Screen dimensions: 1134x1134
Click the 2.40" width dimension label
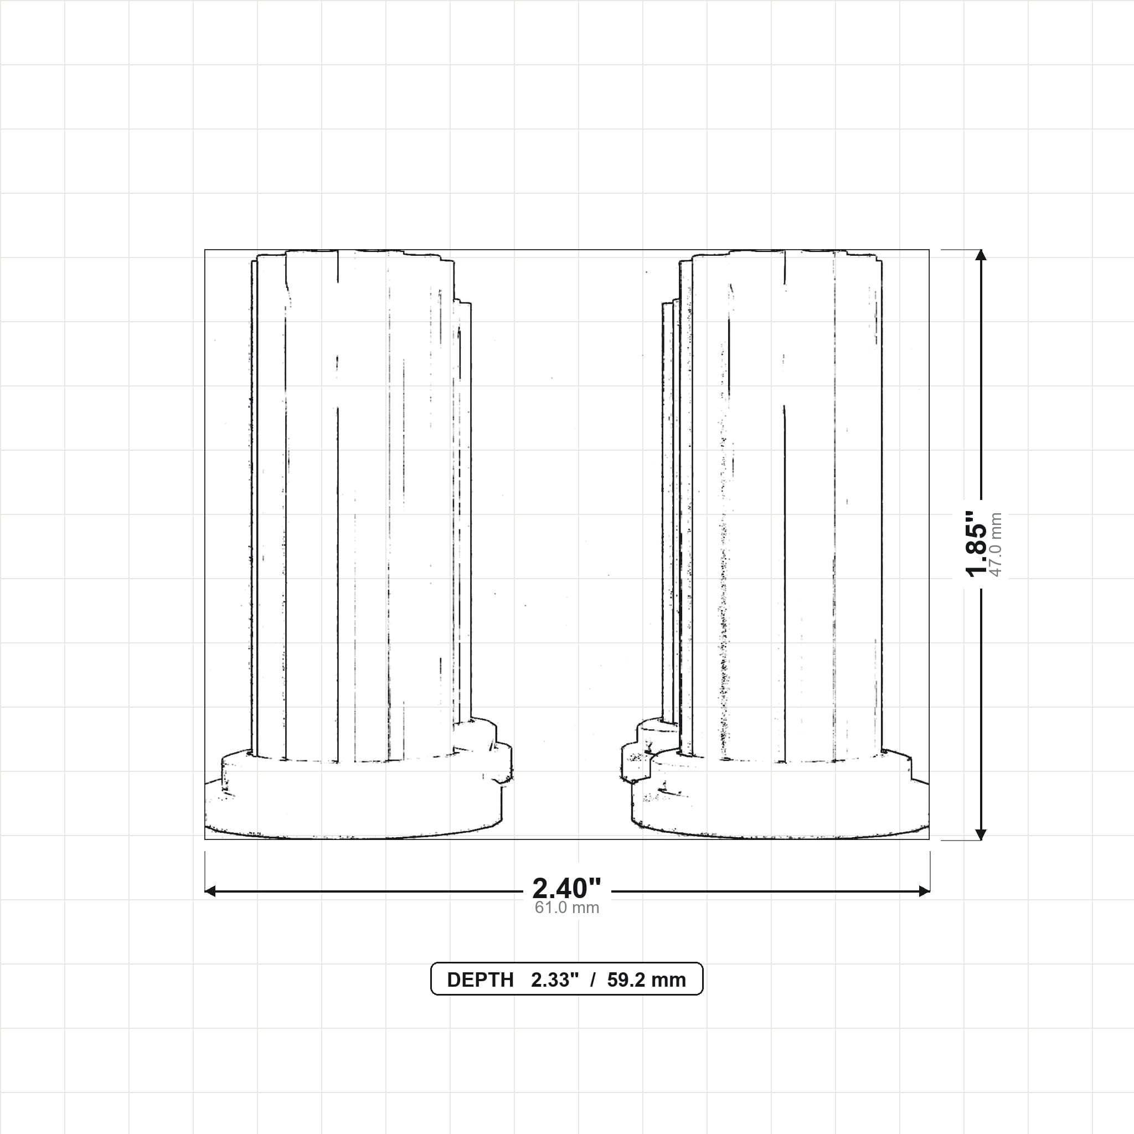(x=566, y=889)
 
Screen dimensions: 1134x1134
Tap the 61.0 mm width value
(x=566, y=908)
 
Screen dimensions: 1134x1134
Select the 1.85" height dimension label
(x=977, y=544)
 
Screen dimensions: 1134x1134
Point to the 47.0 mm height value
(x=996, y=544)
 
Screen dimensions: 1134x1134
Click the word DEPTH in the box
(x=480, y=980)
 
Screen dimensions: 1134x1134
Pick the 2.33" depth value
(x=555, y=980)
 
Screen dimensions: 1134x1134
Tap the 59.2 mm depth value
(x=646, y=980)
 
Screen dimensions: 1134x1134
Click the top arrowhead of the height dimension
(x=980, y=255)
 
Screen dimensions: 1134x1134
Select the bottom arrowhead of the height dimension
(x=980, y=834)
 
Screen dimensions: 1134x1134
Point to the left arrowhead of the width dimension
(x=210, y=891)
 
